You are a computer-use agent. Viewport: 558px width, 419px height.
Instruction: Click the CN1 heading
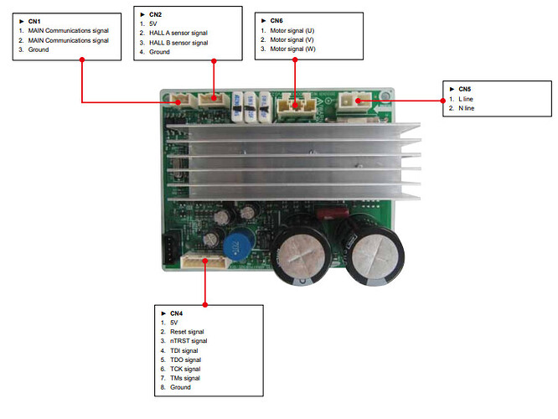tap(34, 21)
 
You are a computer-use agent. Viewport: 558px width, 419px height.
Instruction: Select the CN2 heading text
tap(155, 15)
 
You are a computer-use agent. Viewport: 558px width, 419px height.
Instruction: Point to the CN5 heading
tap(466, 88)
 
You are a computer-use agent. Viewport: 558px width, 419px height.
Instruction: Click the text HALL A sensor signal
tap(178, 34)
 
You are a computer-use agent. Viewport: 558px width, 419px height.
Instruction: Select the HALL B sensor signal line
tap(178, 43)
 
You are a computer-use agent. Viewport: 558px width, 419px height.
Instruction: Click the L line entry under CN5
tap(468, 98)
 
